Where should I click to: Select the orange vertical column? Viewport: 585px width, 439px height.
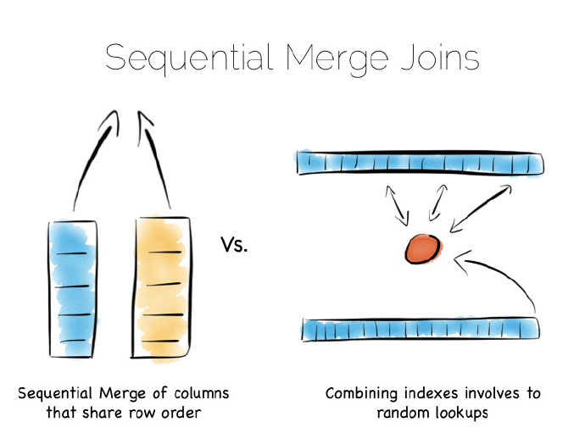tap(159, 288)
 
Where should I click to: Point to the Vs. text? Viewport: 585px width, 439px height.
tap(234, 245)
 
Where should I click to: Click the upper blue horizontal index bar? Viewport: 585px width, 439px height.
tap(419, 163)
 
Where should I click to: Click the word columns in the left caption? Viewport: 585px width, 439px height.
tap(200, 394)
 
